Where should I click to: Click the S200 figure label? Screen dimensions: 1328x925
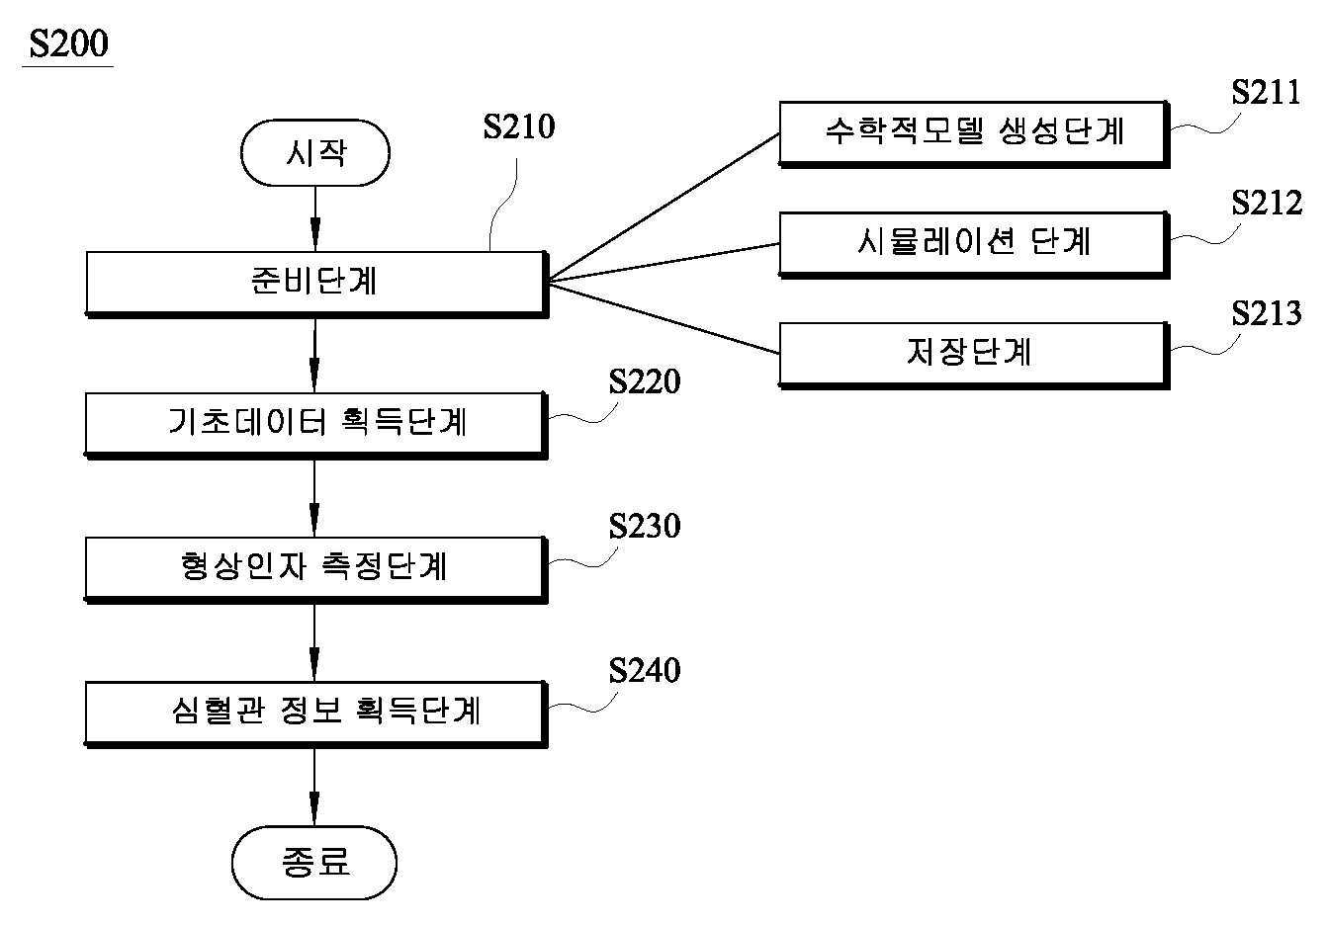(69, 43)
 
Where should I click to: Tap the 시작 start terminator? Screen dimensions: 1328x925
(314, 153)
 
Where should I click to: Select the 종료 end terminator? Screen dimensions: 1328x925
(313, 862)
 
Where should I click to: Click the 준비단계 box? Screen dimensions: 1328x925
(316, 285)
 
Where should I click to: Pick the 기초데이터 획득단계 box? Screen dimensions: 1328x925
(316, 426)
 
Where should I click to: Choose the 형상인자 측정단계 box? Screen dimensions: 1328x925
(316, 570)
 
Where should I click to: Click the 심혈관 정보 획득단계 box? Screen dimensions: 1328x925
(316, 715)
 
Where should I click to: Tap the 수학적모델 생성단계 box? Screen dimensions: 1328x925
(974, 134)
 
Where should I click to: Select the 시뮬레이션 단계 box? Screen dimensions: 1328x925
(974, 245)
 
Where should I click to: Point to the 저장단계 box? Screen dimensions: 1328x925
(974, 356)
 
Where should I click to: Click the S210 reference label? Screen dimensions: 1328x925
(519, 126)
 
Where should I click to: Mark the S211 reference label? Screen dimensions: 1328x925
(1266, 93)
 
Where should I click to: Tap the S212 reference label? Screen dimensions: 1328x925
(1267, 204)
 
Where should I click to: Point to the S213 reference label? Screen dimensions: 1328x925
(1267, 313)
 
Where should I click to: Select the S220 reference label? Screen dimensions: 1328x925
(645, 381)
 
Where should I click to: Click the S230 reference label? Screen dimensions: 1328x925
(645, 526)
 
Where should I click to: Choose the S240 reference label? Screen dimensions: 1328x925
(645, 671)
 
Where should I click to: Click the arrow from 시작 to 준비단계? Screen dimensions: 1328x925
(314, 218)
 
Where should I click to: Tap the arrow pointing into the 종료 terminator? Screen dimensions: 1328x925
(314, 788)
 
